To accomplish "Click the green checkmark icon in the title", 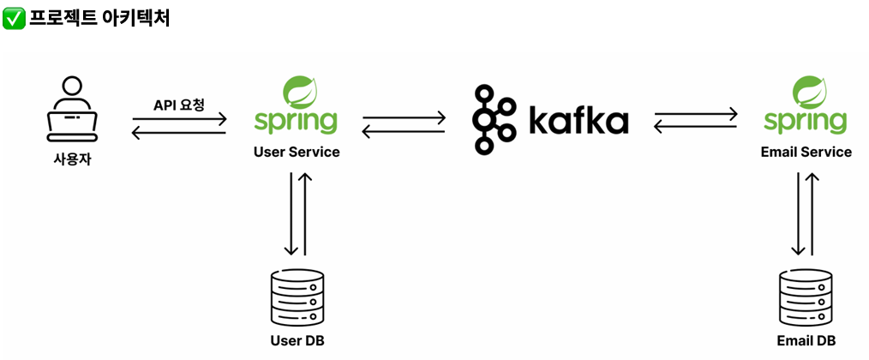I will point(14,18).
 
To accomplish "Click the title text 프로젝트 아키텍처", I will point(99,18).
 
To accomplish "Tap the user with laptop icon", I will point(72,111).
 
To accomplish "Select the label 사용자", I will point(72,159).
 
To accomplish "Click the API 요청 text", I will point(178,105).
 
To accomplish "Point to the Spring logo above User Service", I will point(296,106).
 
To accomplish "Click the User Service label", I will point(297,153).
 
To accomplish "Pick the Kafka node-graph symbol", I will point(493,119).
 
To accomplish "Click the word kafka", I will point(578,121).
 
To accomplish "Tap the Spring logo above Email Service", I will point(806,106).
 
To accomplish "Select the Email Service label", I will point(806,153).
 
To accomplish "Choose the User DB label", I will point(297,341).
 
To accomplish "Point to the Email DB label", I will point(806,341).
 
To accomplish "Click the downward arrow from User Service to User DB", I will point(291,213).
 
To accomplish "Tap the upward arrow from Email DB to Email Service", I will point(812,213).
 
